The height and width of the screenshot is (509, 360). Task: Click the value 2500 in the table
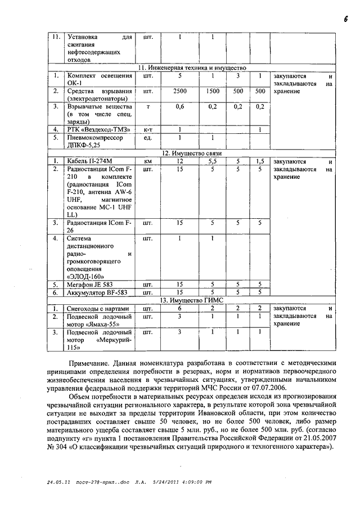coord(180,91)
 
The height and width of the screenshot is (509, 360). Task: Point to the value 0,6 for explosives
coord(180,106)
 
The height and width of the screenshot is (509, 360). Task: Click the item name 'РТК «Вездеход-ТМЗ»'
coord(98,129)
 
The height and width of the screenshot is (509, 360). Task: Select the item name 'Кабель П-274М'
coord(91,161)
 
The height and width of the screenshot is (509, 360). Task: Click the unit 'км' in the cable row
coord(148,161)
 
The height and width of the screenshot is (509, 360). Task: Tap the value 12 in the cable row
coord(180,161)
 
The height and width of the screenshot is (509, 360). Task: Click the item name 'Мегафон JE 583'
coord(90,285)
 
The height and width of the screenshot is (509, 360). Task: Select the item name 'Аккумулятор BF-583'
coord(97,292)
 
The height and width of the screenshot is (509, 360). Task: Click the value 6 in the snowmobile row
coord(180,308)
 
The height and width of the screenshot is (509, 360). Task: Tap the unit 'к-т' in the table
coord(148,129)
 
